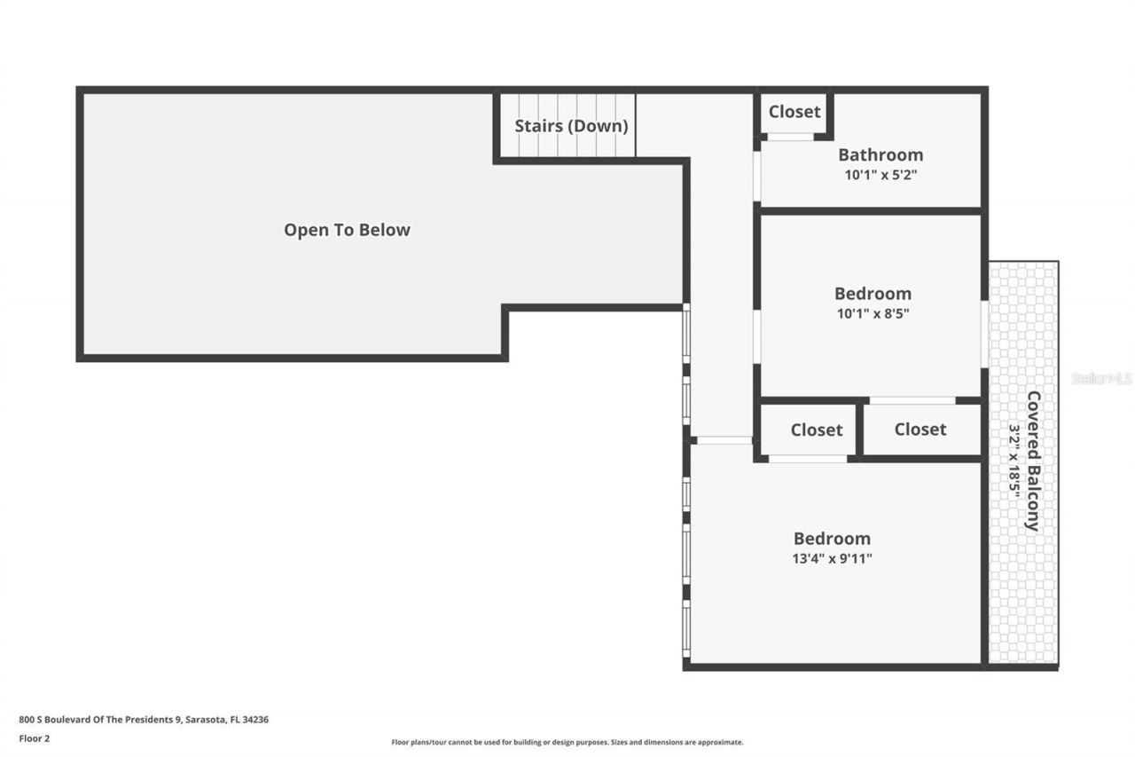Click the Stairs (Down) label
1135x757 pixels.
pyautogui.click(x=571, y=126)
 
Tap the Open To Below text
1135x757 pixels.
pyautogui.click(x=347, y=230)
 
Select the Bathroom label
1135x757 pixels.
pyautogui.click(x=880, y=155)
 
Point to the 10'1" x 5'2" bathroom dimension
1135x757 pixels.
pyautogui.click(x=880, y=176)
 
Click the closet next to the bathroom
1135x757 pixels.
pyautogui.click(x=794, y=112)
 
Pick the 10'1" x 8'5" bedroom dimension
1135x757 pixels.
pyautogui.click(x=872, y=313)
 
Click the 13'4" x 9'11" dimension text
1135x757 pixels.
pyautogui.click(x=832, y=559)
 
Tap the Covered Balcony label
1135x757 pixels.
pyautogui.click(x=1032, y=461)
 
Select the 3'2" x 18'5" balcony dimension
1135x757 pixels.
pyautogui.click(x=1014, y=461)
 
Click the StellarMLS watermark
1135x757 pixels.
pyautogui.click(x=1101, y=378)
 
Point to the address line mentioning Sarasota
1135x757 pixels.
pyautogui.click(x=144, y=720)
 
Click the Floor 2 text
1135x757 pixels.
pyautogui.click(x=35, y=737)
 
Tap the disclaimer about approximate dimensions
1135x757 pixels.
pyautogui.click(x=567, y=742)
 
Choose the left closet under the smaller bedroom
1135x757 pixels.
pyautogui.click(x=816, y=430)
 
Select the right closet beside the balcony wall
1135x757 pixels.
pyautogui.click(x=920, y=430)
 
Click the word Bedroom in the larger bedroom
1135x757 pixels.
pyautogui.click(x=832, y=539)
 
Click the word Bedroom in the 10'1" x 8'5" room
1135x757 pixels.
pyautogui.click(x=872, y=294)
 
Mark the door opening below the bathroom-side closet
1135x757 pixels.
pyautogui.click(x=789, y=137)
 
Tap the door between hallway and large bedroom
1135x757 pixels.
pyautogui.click(x=723, y=440)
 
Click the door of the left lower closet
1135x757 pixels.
pyautogui.click(x=806, y=459)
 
